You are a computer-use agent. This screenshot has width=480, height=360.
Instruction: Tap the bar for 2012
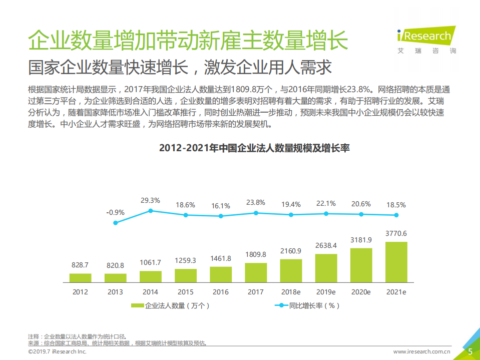[81, 277]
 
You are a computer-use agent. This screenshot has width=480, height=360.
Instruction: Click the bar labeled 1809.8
[256, 272]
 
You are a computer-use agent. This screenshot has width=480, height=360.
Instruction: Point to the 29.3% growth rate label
[150, 200]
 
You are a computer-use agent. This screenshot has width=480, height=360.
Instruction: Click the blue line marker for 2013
[116, 223]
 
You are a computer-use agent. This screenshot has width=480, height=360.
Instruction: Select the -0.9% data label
[115, 212]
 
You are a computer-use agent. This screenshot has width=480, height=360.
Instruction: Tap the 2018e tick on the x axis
[291, 292]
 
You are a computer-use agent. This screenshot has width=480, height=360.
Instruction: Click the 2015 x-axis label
[185, 292]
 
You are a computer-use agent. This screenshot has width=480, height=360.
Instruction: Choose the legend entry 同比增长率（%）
[307, 305]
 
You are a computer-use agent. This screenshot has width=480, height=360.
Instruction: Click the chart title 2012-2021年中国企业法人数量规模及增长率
[254, 148]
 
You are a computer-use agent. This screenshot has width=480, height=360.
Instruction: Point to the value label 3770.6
[396, 233]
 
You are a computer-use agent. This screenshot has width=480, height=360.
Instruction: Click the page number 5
[470, 351]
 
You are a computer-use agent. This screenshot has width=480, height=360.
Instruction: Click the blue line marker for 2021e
[396, 215]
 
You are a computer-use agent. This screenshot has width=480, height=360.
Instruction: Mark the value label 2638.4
[326, 245]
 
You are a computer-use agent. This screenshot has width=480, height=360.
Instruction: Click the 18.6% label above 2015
[185, 205]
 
